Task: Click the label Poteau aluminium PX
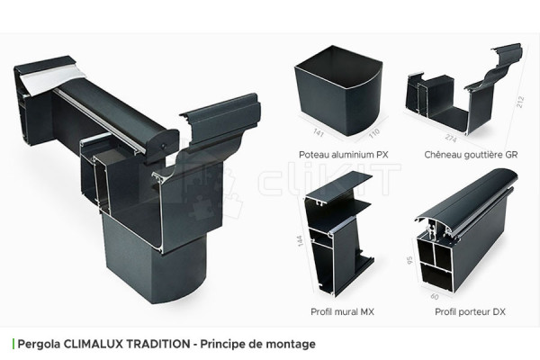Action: (337, 154)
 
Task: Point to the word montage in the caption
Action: (292, 344)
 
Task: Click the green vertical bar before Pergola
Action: (13, 344)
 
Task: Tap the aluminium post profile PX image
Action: (338, 90)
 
